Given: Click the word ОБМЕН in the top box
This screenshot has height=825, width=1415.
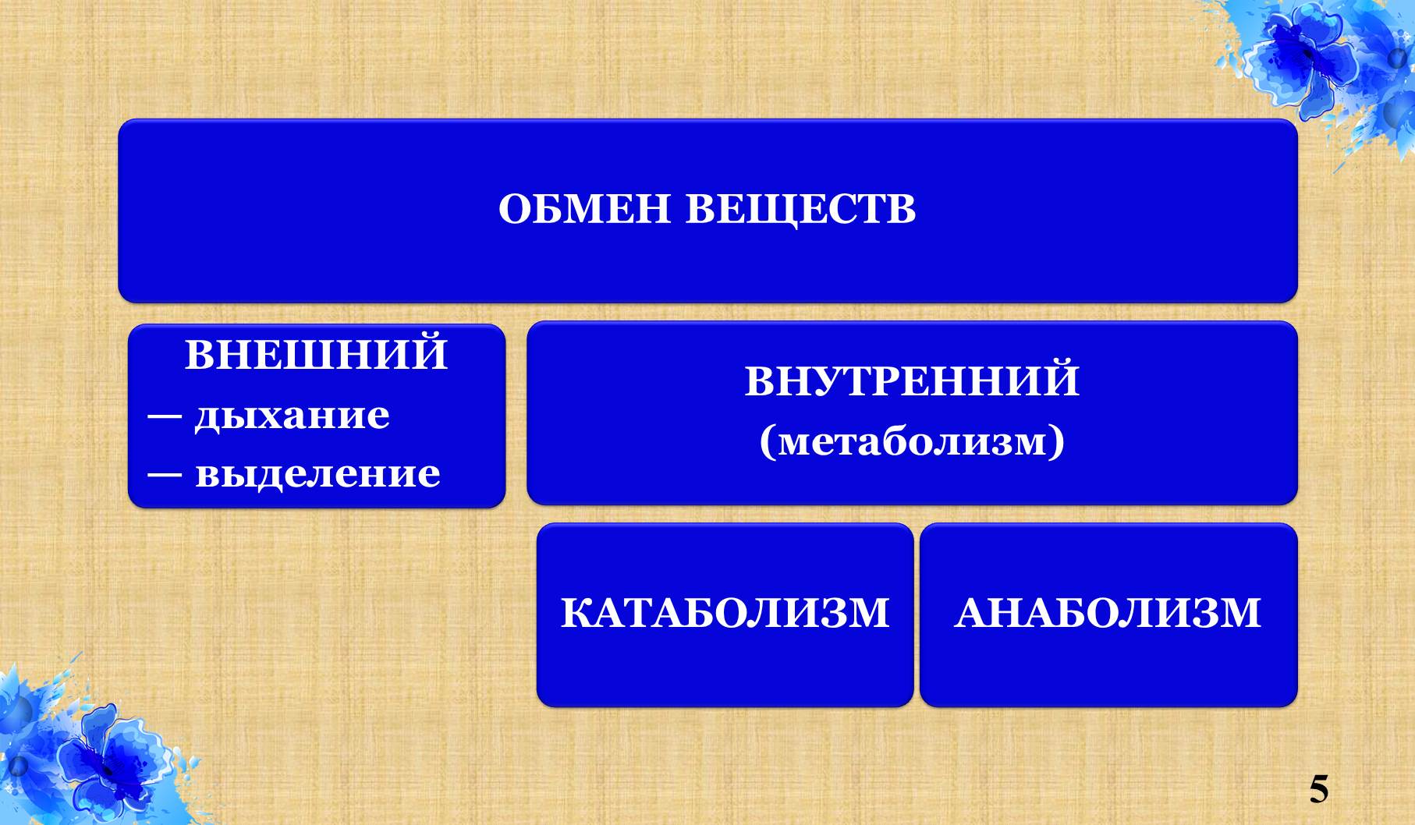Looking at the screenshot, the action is click(584, 209).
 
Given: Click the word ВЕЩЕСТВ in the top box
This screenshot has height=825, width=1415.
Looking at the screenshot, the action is click(801, 209).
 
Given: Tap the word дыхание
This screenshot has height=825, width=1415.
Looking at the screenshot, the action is click(292, 415).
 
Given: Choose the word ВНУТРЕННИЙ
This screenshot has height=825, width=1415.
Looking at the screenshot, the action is click(912, 381).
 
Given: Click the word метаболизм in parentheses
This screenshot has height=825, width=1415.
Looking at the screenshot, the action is click(912, 441).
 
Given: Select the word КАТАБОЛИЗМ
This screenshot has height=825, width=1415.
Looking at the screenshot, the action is click(725, 613).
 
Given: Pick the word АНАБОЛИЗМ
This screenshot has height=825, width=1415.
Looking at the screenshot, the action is click(1108, 613).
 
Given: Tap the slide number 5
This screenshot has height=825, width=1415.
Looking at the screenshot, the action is click(1318, 789).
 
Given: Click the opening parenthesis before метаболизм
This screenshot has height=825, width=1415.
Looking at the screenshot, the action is click(768, 442).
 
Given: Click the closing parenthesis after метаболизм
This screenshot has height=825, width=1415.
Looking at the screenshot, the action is click(1056, 442).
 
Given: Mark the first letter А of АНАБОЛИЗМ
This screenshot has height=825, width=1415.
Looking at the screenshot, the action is click(970, 613).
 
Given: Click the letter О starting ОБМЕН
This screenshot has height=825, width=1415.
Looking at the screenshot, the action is click(515, 209).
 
